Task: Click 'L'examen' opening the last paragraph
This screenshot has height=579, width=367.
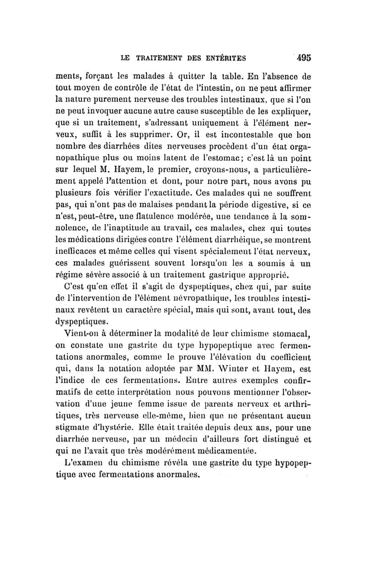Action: tap(82, 462)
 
